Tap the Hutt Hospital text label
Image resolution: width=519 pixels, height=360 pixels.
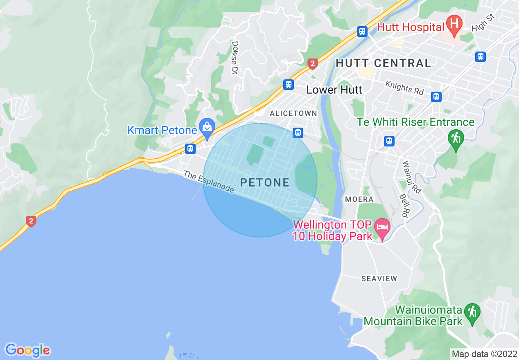411,27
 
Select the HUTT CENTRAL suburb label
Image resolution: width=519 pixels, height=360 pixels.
384,63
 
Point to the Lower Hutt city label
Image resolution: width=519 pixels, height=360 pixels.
334,90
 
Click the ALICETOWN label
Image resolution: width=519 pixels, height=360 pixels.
293,113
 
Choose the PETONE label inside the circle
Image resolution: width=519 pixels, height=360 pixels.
265,182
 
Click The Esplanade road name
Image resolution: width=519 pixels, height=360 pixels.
208,182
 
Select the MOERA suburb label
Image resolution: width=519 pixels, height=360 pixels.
359,199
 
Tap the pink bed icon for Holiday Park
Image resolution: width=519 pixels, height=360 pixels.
383,227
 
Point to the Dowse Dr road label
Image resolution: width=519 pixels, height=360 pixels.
235,57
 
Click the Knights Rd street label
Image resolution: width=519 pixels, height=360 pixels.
404,88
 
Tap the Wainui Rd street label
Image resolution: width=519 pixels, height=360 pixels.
411,177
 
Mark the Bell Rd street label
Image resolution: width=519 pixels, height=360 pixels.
404,205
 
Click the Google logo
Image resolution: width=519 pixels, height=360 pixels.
27,350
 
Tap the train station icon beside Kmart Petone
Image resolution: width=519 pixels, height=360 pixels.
190,148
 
